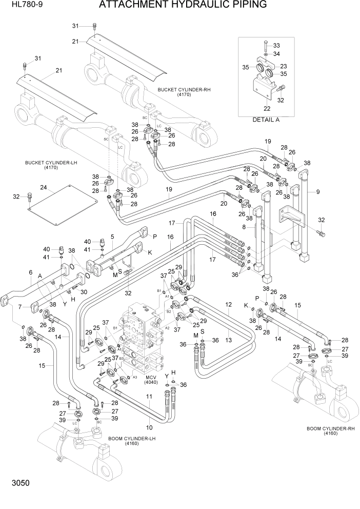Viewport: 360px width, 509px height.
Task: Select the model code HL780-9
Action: coord(18,6)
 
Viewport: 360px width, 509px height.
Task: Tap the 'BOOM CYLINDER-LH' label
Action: coord(132,439)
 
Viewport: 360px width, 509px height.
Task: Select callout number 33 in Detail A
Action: coord(276,46)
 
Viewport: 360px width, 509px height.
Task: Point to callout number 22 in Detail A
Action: coord(267,108)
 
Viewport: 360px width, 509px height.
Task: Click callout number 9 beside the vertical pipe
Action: coord(318,192)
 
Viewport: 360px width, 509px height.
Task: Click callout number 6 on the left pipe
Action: coord(30,272)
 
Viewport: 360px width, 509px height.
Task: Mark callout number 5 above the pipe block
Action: coord(112,237)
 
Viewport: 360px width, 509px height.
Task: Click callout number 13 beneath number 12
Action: coord(228,340)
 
